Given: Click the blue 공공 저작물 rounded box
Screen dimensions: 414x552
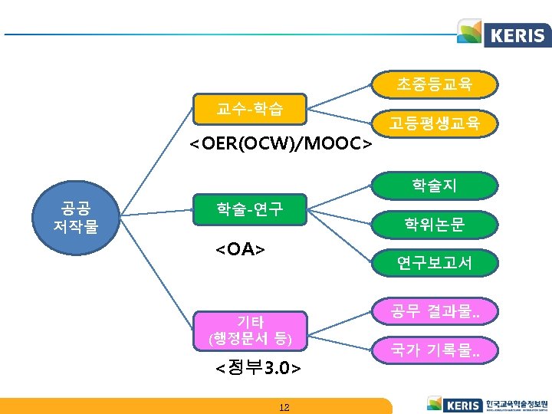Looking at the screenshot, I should coord(79,217).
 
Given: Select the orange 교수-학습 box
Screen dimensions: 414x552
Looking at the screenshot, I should coord(250,110).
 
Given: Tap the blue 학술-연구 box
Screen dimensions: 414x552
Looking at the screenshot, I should coord(250,208).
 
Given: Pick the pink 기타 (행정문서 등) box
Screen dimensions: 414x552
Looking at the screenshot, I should coord(250,328).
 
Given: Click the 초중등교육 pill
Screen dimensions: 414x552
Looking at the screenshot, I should coord(435,85).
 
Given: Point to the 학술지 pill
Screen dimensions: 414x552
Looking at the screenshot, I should coord(435,185).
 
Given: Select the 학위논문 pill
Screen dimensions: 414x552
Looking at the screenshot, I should coord(435,224).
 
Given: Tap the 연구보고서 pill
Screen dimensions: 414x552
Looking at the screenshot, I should coord(435,263).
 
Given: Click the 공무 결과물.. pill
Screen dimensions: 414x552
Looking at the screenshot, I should coord(435,312).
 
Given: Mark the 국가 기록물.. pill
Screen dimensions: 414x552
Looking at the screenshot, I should coord(435,351).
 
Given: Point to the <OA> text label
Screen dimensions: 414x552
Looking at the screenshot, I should coord(240,249).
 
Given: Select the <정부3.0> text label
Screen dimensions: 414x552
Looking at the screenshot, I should coord(258,368).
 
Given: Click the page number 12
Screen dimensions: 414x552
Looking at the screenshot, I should coord(284,407).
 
